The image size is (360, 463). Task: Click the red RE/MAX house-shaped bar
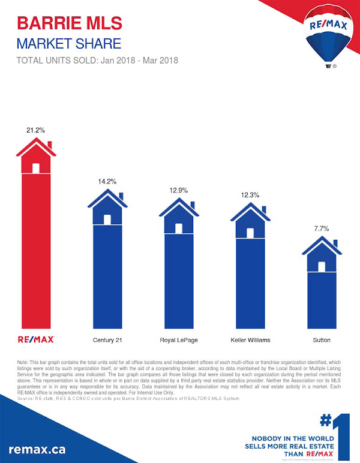(36, 240)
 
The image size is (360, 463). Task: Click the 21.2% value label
(36, 130)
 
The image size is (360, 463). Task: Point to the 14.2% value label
(107, 181)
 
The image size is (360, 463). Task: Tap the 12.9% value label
(179, 190)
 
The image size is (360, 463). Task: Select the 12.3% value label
(250, 194)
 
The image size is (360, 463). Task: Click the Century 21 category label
(107, 340)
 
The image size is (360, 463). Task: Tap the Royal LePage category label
(179, 340)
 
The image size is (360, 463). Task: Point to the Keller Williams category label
(250, 340)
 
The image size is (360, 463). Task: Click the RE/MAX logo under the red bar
(36, 339)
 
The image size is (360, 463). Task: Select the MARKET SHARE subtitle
(68, 44)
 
